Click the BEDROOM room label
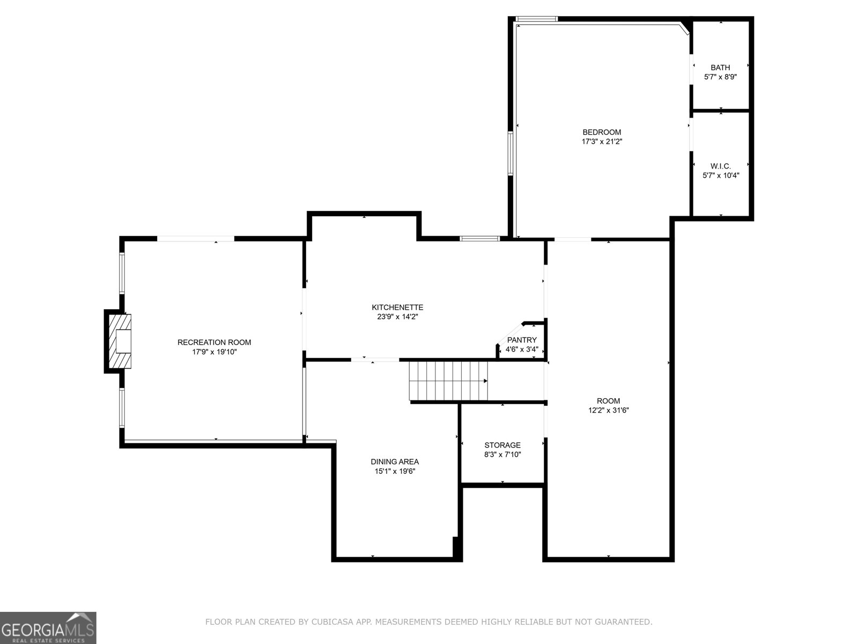[602, 132]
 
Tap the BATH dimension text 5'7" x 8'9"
[720, 77]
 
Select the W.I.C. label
[721, 166]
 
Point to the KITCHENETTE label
[397, 308]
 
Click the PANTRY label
[522, 340]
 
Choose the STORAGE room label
[502, 445]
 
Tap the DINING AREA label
[395, 462]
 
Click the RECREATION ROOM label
[214, 342]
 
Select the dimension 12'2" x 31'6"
[608, 411]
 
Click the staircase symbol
[448, 380]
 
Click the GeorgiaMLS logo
[48, 627]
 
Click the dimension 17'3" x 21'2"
[602, 142]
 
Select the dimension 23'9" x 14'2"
[397, 317]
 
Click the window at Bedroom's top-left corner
[536, 20]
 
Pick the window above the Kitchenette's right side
[480, 238]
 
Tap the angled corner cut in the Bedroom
[683, 28]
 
